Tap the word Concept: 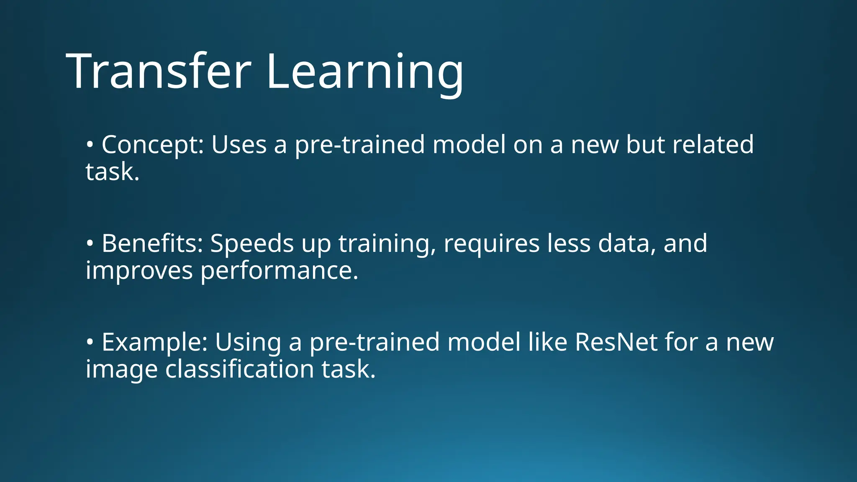point(153,145)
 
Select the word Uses point(239,145)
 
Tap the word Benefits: point(152,244)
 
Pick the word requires point(491,244)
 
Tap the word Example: point(154,343)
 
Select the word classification point(239,369)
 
